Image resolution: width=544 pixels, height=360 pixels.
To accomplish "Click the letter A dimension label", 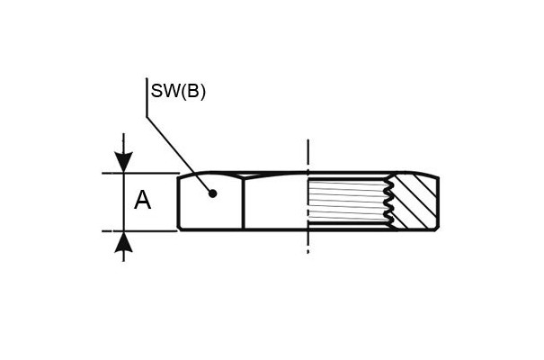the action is tap(143, 200).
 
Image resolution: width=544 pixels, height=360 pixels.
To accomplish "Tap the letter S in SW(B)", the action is tap(156, 91).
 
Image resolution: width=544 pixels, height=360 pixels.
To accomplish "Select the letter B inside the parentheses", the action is tap(192, 91).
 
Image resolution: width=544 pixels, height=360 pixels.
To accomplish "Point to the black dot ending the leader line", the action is tap(213, 193).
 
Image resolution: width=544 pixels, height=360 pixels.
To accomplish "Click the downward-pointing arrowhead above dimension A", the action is tap(123, 162).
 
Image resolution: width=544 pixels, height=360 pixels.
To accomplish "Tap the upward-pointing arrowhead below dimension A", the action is tap(123, 241).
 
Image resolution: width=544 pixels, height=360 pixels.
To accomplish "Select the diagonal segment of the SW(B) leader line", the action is tap(179, 155).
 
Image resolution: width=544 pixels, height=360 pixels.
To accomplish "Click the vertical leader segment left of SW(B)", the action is tap(147, 97).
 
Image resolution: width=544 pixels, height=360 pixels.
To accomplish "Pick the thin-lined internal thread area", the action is tap(347, 202).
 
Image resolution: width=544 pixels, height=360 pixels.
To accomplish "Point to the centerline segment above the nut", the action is tap(308, 155).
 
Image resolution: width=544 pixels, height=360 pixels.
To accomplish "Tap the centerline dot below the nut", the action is tap(308, 252).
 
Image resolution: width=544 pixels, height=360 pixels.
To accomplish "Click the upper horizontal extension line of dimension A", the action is tap(140, 173).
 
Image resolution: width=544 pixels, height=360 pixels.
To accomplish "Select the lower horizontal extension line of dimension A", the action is tap(140, 230).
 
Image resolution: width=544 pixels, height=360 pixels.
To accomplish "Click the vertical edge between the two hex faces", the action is tap(244, 203).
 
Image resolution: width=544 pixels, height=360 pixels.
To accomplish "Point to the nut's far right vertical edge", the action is tap(439, 202).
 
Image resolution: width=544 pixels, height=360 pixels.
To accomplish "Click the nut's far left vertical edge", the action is tap(179, 202).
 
